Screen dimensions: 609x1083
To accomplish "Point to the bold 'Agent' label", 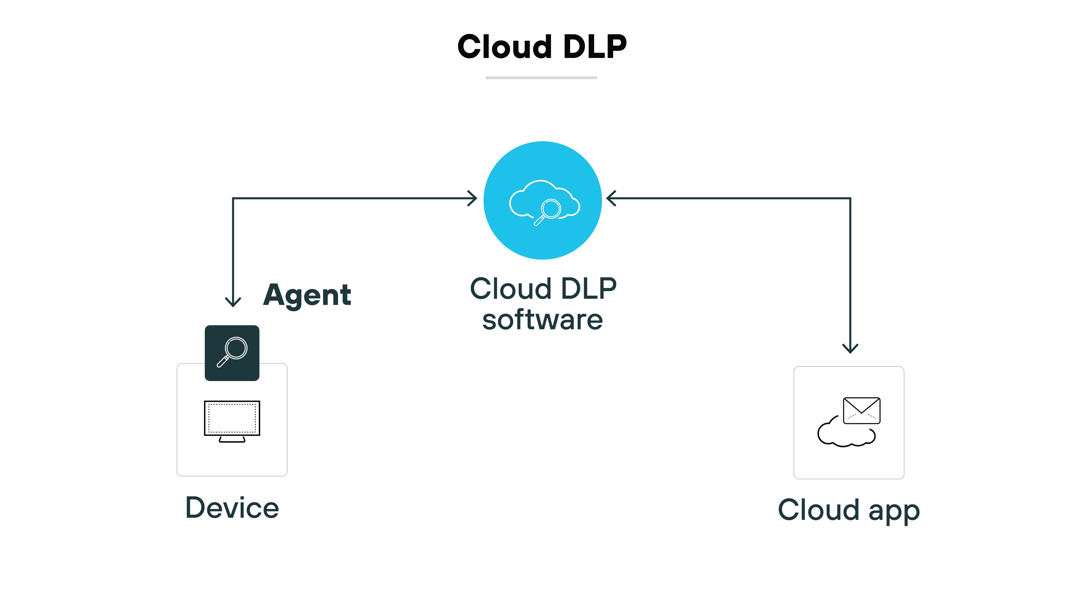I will [307, 296].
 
